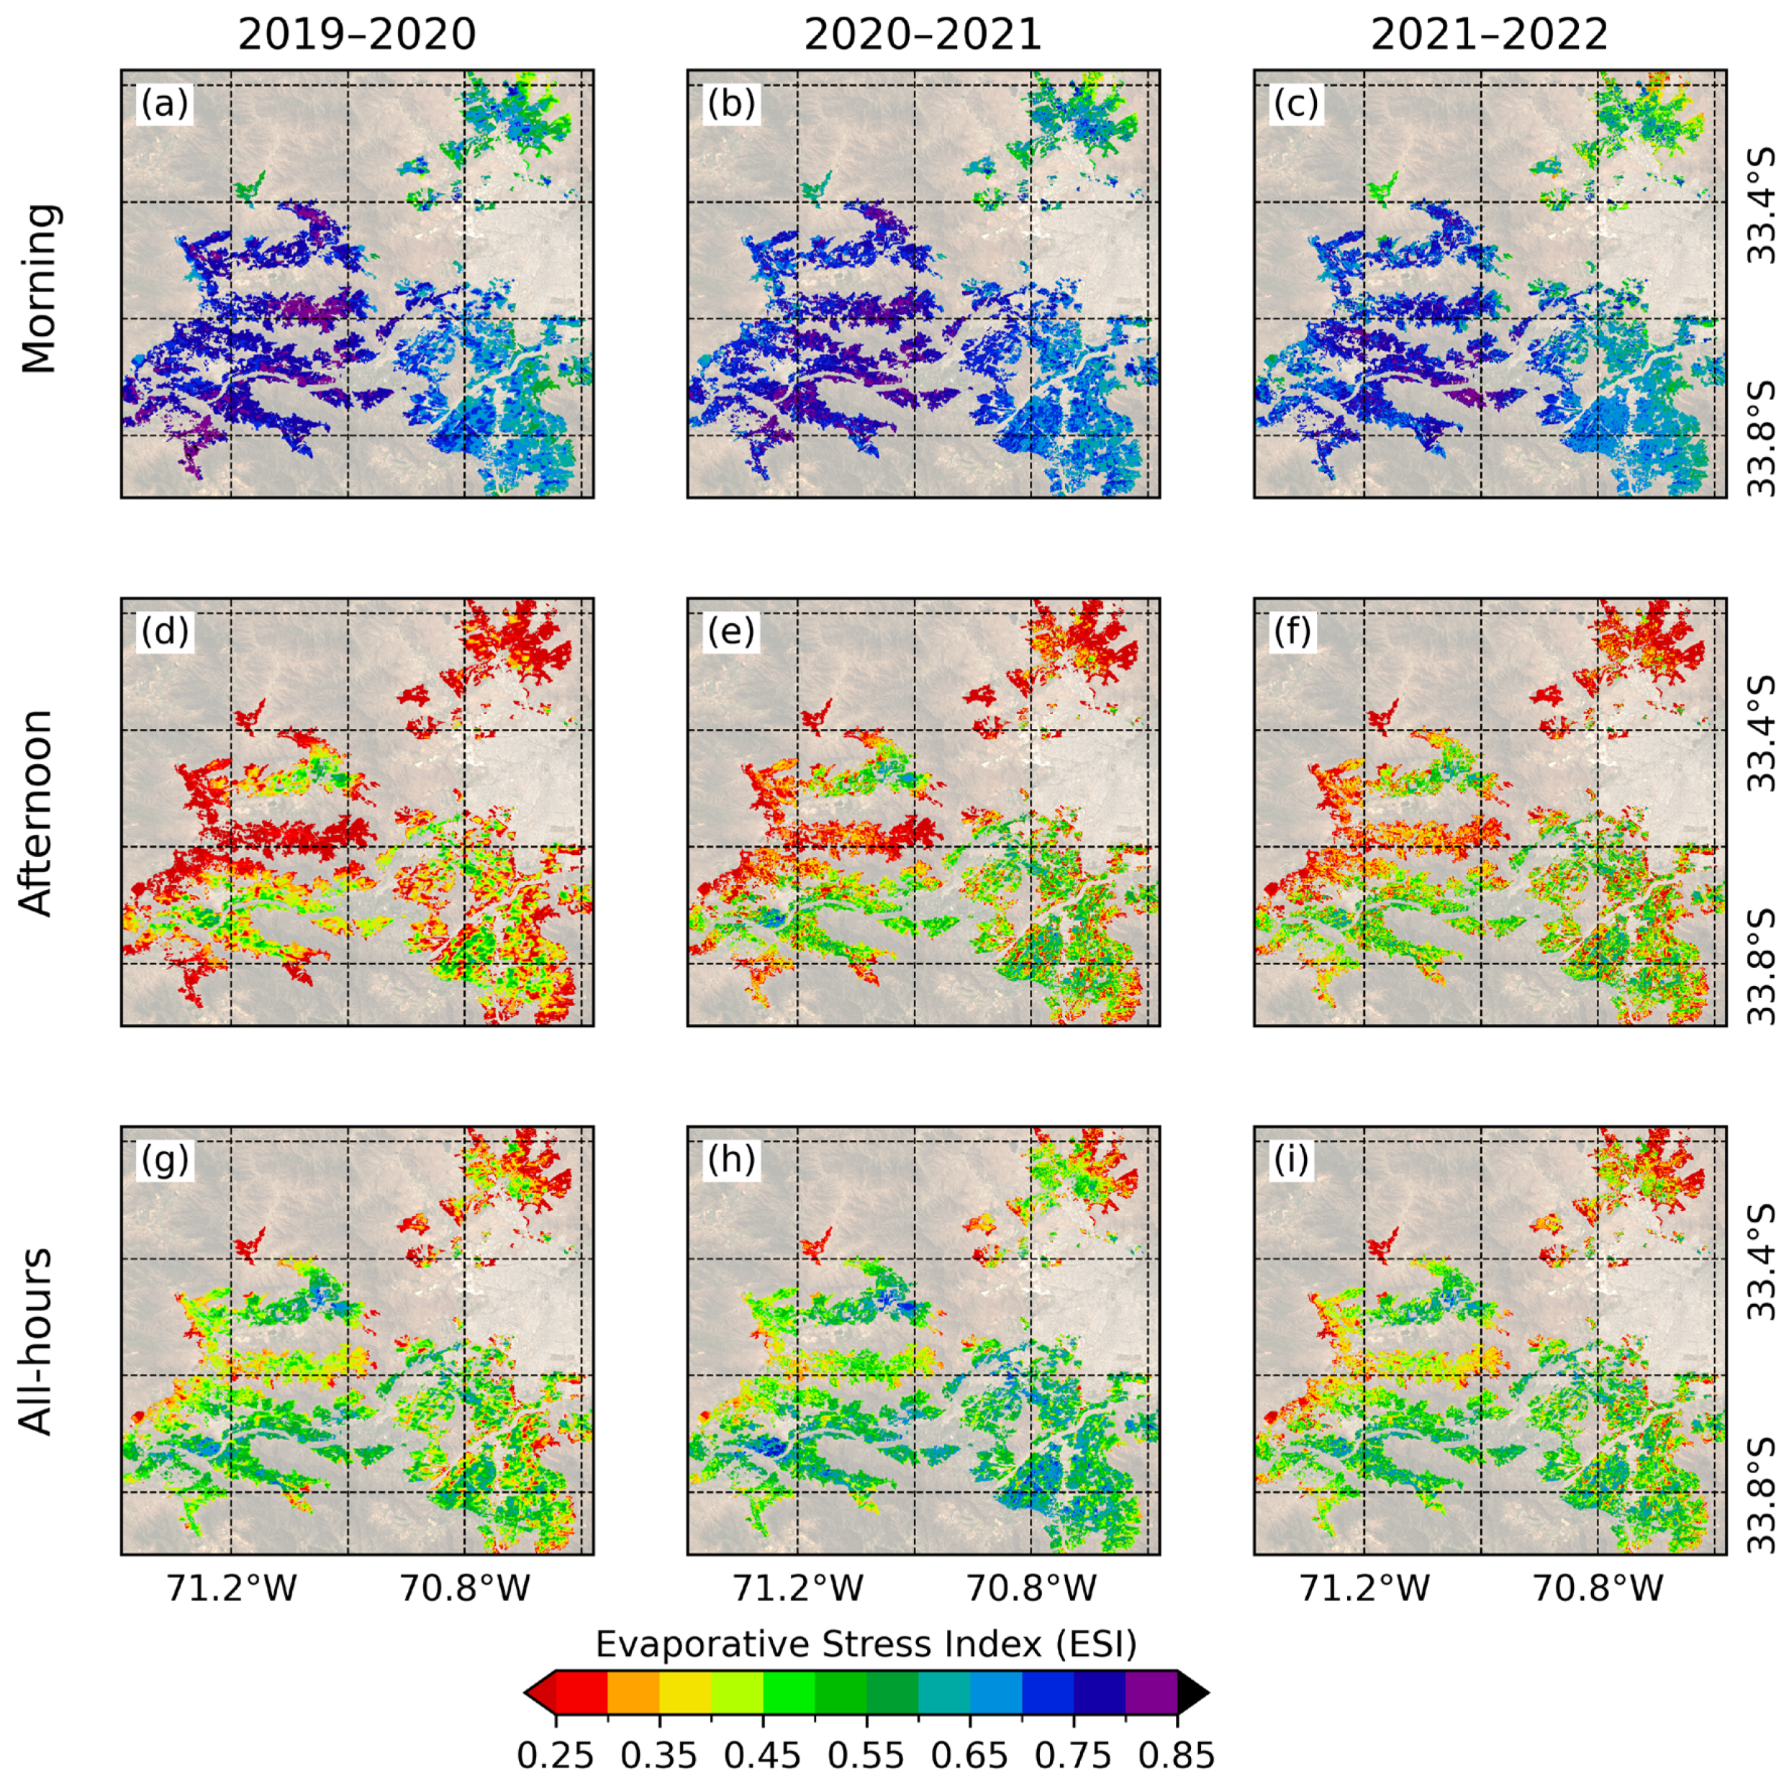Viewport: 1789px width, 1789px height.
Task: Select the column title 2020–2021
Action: tap(923, 35)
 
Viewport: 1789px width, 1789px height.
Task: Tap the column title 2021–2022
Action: tap(1489, 35)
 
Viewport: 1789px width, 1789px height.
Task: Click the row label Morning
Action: tap(40, 288)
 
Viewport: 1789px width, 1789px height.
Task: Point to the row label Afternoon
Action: tap(38, 813)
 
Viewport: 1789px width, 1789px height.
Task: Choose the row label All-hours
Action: tap(38, 1341)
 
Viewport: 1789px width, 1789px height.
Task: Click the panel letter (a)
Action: tap(165, 104)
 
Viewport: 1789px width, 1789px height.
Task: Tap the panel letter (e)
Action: tap(732, 633)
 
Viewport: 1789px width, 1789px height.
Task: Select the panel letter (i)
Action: tap(1292, 1160)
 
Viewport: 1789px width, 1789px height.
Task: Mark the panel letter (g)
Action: tap(165, 1160)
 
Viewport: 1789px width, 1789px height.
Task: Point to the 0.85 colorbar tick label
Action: tap(1177, 1754)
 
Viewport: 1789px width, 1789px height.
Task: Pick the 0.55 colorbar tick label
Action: tap(866, 1754)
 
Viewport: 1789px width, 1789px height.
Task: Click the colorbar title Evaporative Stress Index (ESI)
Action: tap(866, 1644)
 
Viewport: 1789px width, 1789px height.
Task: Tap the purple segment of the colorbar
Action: tap(1151, 1693)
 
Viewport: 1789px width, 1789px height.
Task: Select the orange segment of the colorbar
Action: tap(633, 1693)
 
